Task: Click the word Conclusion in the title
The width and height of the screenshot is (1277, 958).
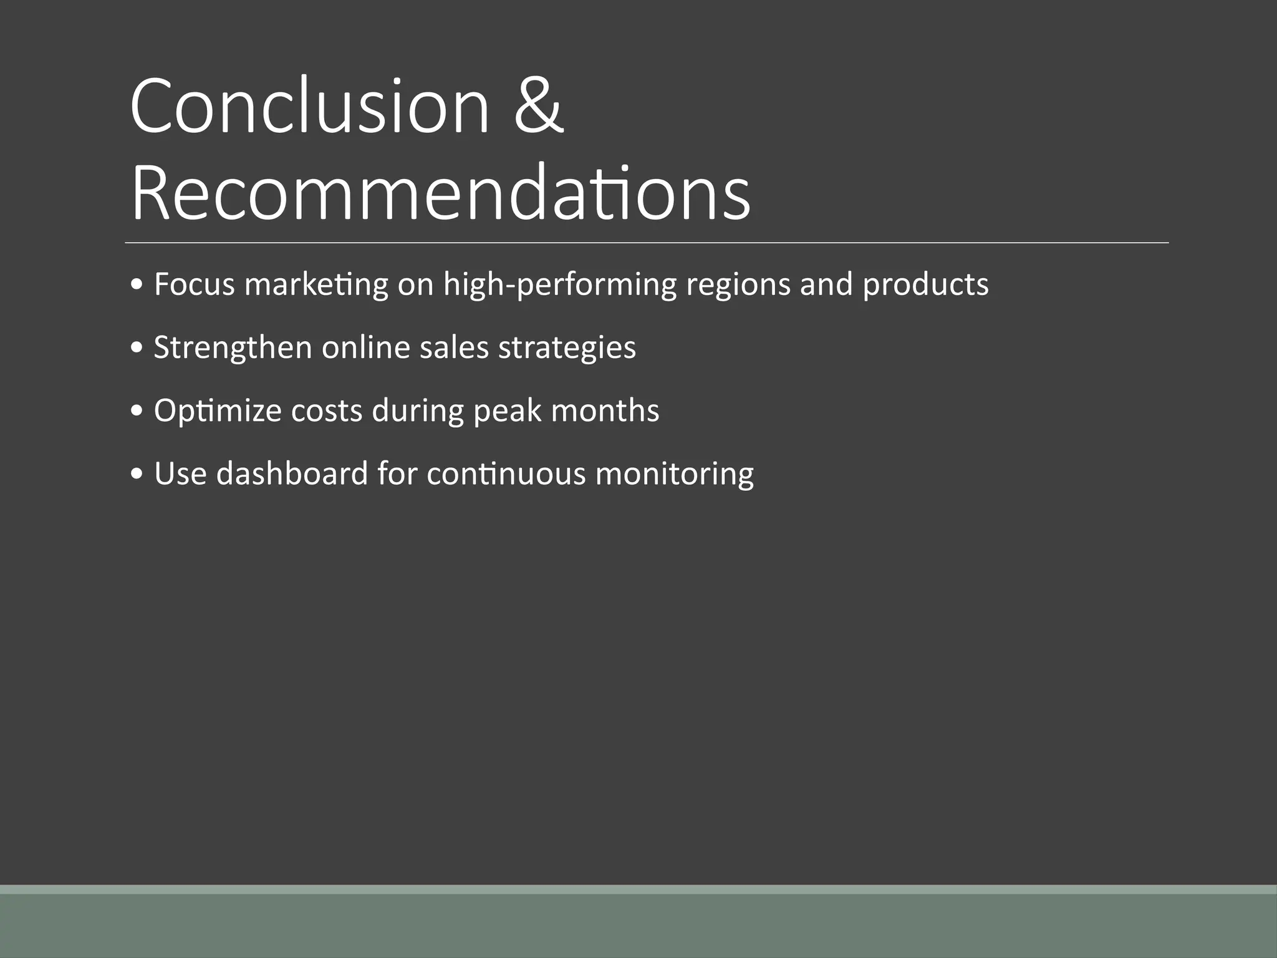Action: tap(310, 106)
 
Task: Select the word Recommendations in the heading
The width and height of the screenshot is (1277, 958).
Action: tap(440, 193)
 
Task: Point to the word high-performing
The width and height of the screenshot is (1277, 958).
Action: tap(559, 286)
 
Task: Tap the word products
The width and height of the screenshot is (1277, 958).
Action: tap(925, 286)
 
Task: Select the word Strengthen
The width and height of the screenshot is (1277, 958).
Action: tap(233, 348)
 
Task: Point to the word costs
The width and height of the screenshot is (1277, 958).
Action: tap(326, 411)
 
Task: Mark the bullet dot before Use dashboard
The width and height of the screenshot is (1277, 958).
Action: tap(137, 475)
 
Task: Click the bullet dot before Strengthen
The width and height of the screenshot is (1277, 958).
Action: tap(137, 349)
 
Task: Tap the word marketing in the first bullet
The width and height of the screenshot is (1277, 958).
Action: tap(316, 286)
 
